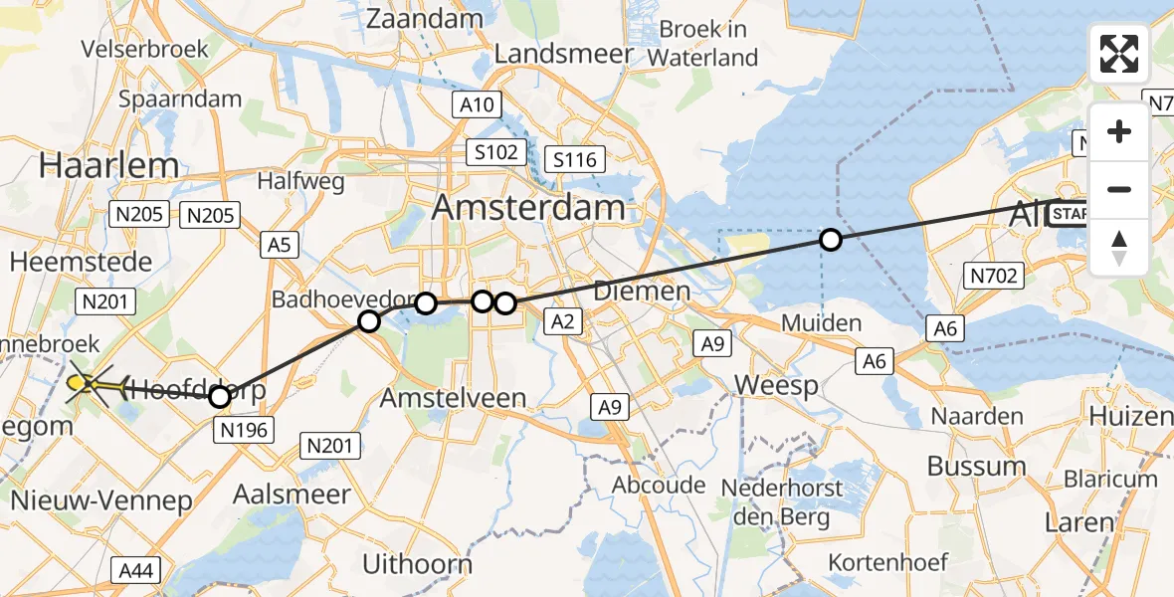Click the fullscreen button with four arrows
click(1119, 53)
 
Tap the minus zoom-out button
click(1119, 189)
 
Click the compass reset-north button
click(1119, 248)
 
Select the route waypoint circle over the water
click(830, 239)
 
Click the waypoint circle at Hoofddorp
click(220, 397)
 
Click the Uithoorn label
click(417, 564)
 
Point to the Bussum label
click(976, 466)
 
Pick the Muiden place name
click(822, 322)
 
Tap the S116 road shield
click(575, 159)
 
